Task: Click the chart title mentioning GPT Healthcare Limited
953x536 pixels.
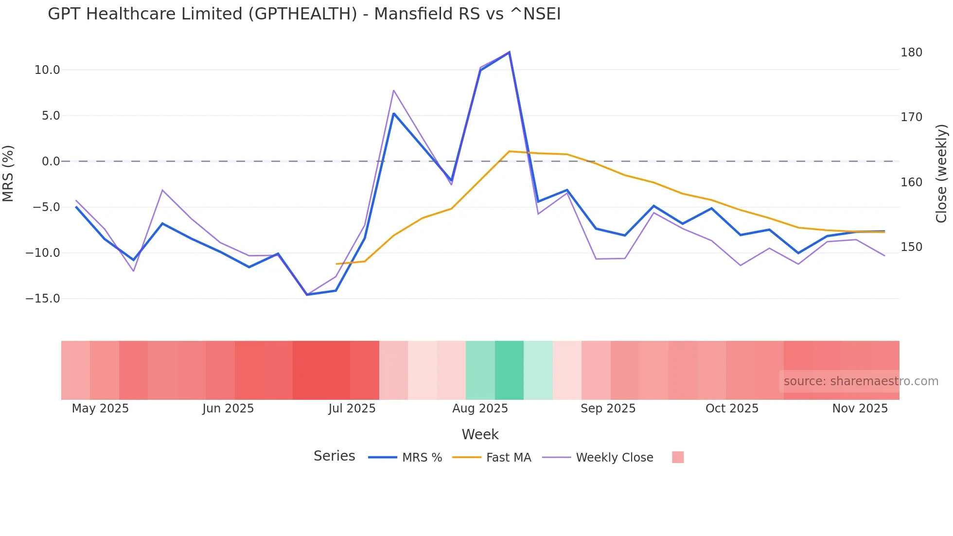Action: (x=304, y=14)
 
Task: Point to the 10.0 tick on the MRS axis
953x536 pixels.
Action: (x=47, y=70)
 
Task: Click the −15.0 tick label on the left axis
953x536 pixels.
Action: (x=43, y=299)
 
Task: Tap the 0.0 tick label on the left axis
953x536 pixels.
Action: (x=51, y=161)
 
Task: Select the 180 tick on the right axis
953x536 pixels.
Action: (x=911, y=53)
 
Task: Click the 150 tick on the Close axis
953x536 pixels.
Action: (x=911, y=247)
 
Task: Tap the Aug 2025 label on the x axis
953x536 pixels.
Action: (x=480, y=409)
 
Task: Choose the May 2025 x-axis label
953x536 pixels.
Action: (x=100, y=409)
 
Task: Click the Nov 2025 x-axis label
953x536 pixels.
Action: (x=860, y=409)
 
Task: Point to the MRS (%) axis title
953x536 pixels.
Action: (x=8, y=173)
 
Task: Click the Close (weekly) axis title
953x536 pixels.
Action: (x=942, y=173)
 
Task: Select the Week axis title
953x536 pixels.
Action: (x=480, y=434)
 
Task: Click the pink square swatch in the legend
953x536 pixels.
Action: (x=678, y=457)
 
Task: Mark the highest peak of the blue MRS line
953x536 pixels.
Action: (x=509, y=52)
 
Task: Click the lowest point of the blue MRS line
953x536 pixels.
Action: (x=307, y=295)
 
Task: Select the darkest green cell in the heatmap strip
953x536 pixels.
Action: (x=509, y=370)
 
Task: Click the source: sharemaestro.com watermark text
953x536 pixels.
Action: (x=861, y=381)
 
